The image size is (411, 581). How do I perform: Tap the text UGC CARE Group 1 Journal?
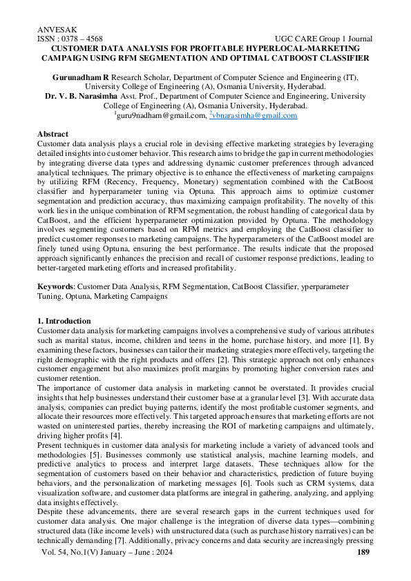click(323, 39)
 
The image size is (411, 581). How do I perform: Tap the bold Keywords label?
click(55, 285)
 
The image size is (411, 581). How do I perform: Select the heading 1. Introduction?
click(64, 321)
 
